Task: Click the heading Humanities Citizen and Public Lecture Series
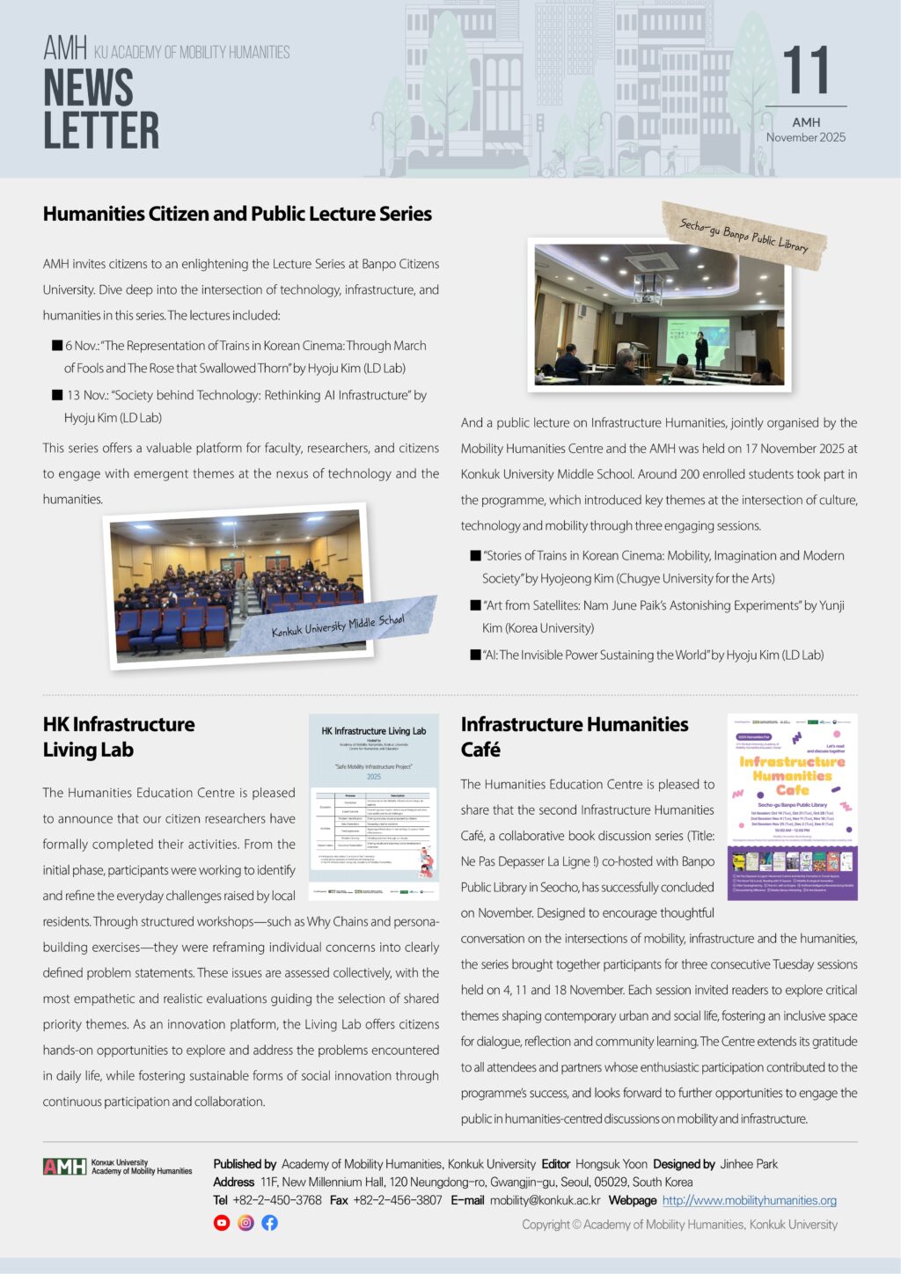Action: point(238,214)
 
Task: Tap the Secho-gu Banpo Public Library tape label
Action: point(744,235)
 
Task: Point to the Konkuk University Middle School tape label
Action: point(339,626)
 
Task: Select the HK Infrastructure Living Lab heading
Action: point(119,736)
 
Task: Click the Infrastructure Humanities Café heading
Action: point(575,736)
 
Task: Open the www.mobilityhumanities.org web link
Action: point(749,1200)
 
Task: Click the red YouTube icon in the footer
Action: point(222,1223)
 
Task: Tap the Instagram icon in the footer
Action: point(245,1223)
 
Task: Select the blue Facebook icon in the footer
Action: point(269,1223)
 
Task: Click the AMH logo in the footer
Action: point(65,1167)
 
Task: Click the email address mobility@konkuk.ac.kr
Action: point(545,1200)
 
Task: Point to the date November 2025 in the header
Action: point(805,137)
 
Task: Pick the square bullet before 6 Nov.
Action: point(57,346)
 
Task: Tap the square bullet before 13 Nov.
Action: point(57,395)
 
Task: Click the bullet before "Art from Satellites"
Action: point(475,605)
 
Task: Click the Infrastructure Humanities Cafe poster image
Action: point(792,806)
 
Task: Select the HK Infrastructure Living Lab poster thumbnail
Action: point(374,806)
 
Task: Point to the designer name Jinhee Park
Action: point(749,1164)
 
